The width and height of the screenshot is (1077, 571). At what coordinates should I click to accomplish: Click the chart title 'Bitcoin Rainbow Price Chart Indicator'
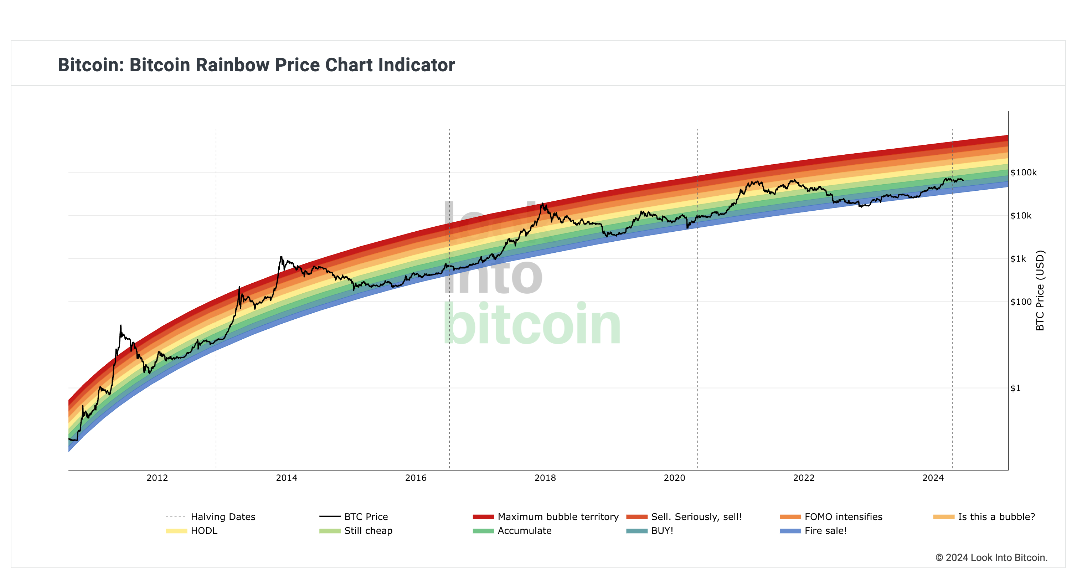[x=256, y=65]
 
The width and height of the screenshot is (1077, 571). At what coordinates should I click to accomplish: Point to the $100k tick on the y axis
[x=1023, y=173]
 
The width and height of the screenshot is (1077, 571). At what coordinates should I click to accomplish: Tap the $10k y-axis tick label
[x=1021, y=216]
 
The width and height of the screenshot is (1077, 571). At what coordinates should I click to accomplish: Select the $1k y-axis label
[x=1018, y=259]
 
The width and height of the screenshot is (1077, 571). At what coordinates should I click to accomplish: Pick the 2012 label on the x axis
[x=157, y=478]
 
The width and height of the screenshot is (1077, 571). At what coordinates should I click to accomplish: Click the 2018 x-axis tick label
[x=545, y=478]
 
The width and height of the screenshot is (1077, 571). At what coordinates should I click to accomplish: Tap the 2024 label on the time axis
[x=933, y=478]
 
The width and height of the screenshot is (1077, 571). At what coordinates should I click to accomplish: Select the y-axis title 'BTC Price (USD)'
[x=1040, y=290]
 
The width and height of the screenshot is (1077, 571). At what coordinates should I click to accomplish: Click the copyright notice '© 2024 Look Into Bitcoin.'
[x=991, y=557]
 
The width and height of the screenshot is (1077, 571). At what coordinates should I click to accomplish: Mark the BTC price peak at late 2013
[x=281, y=257]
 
